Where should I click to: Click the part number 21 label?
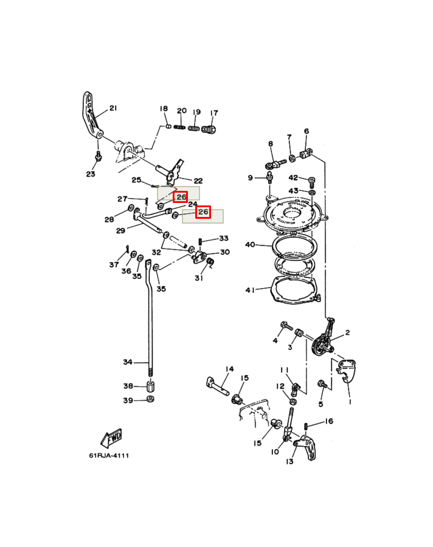coord(113,109)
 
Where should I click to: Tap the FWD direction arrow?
coord(111,437)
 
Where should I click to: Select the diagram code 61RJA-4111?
coord(110,455)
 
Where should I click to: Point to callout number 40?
coord(250,245)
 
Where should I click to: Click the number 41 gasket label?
coord(250,290)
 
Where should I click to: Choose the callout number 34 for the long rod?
coord(127,362)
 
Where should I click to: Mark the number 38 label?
coord(128,386)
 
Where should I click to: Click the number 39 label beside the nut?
coord(128,400)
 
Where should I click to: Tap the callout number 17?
coord(214,112)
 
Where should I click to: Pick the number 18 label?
coord(164,109)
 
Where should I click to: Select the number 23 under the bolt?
coord(91,174)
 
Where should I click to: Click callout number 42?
coord(293,178)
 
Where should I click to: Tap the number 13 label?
coord(290,462)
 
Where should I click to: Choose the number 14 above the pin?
coord(229,369)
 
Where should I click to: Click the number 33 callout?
coord(224,238)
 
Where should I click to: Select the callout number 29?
coord(120,230)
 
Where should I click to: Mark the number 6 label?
coord(307,131)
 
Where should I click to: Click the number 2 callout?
coord(347,332)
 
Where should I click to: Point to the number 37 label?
coord(114,264)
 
